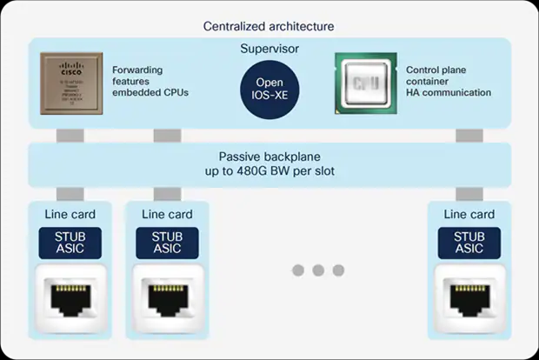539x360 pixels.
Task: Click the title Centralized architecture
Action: pyautogui.click(x=269, y=26)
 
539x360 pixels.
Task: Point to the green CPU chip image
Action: pyautogui.click(x=363, y=85)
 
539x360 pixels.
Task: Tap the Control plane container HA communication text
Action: pyautogui.click(x=449, y=80)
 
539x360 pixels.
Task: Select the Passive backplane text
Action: pyautogui.click(x=269, y=156)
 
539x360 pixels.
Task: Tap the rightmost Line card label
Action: pyautogui.click(x=469, y=215)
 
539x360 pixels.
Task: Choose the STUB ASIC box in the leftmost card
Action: pyautogui.click(x=70, y=242)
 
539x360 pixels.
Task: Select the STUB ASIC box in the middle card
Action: pyautogui.click(x=167, y=242)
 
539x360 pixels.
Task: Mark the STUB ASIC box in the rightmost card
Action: pyautogui.click(x=469, y=242)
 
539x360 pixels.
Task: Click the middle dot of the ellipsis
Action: pyautogui.click(x=318, y=270)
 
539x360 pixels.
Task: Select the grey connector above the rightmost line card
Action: pyautogui.click(x=469, y=193)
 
